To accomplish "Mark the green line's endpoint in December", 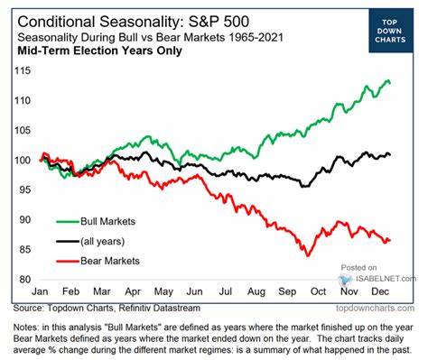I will (x=390, y=83).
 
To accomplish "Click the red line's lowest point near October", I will (x=308, y=255).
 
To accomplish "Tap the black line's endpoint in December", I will (x=390, y=155).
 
